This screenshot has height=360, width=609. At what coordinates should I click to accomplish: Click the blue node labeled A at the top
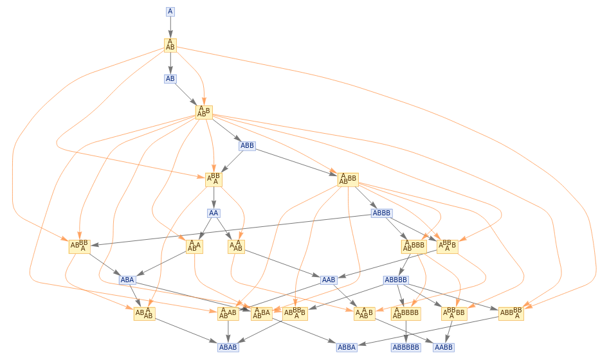pos(170,12)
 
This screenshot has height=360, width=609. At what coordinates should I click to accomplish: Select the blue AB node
pos(170,78)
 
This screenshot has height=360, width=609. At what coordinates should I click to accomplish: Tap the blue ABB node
pos(247,146)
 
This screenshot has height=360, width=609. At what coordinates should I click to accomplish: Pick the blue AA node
pos(214,213)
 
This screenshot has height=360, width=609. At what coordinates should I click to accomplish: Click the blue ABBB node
pos(381,213)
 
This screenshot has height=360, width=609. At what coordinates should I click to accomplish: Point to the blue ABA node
pos(127,280)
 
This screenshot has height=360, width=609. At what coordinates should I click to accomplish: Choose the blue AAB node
pos(329,280)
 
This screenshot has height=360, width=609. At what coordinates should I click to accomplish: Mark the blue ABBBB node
pos(395,280)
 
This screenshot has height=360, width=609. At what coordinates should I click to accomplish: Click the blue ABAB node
pos(228,347)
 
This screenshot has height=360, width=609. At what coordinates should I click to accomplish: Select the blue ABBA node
pos(347,347)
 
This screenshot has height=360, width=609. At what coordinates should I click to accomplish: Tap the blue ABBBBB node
pos(406,347)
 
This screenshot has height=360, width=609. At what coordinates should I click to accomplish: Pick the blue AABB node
pos(444,347)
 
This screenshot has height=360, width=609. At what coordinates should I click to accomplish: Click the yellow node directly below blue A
pos(170,45)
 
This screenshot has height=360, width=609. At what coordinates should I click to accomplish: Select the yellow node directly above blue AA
pos(214,179)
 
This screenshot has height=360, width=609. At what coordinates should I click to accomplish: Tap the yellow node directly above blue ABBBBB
pos(406,314)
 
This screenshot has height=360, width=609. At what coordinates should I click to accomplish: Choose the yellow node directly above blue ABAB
pos(228,314)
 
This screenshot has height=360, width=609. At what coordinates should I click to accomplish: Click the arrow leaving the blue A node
pos(170,26)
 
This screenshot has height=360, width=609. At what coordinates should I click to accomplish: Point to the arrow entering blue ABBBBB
pos(406,332)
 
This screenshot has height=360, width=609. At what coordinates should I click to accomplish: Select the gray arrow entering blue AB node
pos(170,63)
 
